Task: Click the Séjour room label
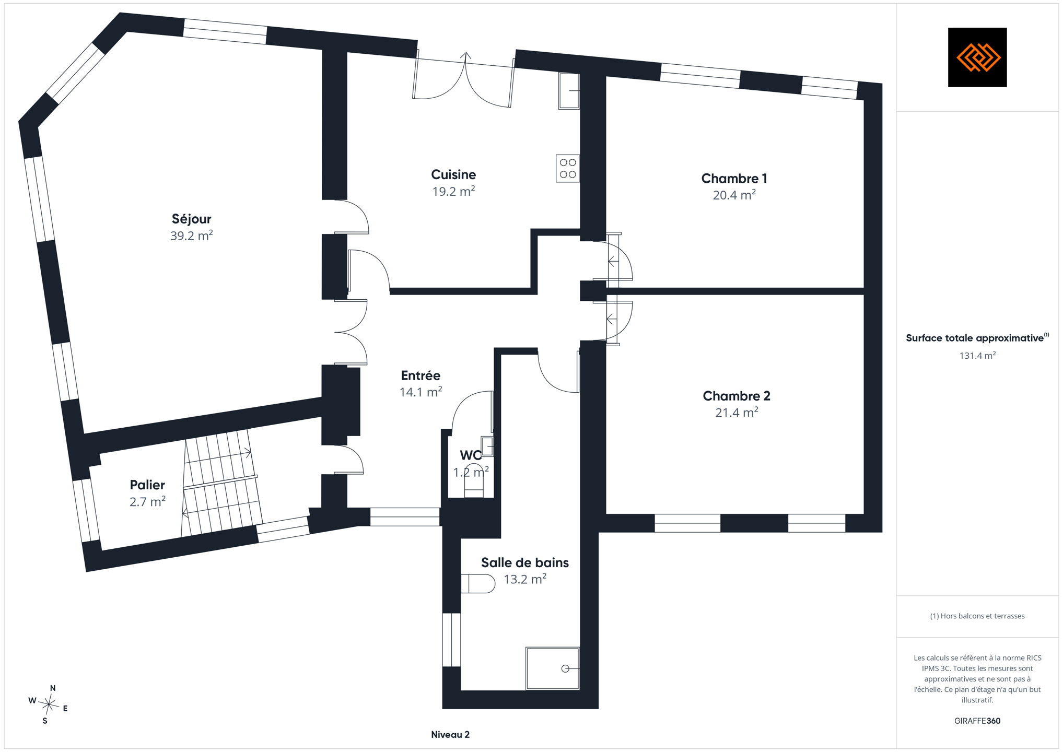191,219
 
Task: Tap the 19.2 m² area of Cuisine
453,191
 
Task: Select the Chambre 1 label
734,179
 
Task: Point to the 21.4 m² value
737,413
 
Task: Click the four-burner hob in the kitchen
568,168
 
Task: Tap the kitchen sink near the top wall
569,91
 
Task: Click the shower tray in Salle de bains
553,668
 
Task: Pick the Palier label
147,485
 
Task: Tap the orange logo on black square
977,57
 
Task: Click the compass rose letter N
53,688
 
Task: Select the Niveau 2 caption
450,735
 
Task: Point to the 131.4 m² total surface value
977,356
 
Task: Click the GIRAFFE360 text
977,721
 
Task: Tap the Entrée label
420,375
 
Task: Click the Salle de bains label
525,562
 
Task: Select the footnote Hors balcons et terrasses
977,616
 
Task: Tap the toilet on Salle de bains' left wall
478,584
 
